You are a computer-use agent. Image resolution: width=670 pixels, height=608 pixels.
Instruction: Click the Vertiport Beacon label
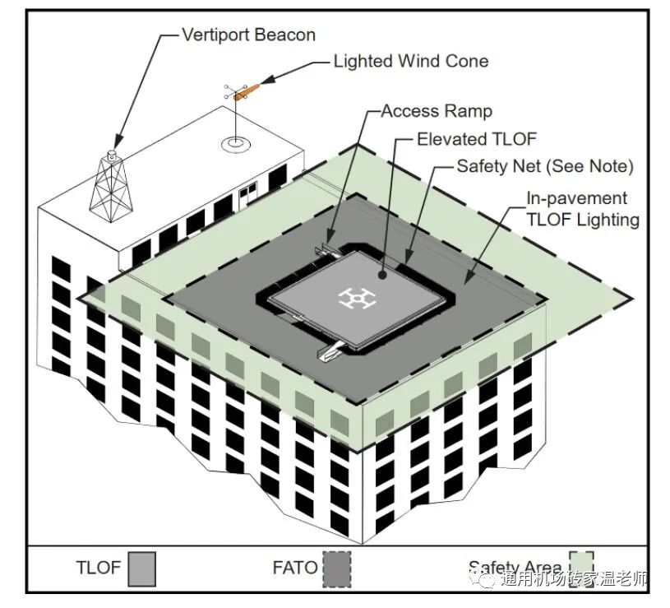click(x=249, y=35)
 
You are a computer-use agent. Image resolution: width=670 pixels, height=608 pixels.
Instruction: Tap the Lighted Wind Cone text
click(x=410, y=61)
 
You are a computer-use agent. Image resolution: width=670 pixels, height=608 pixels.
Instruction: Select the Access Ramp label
click(x=437, y=111)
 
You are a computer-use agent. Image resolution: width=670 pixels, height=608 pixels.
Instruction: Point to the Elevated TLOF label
click(x=477, y=139)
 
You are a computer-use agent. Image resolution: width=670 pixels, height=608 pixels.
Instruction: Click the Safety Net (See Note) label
click(x=545, y=166)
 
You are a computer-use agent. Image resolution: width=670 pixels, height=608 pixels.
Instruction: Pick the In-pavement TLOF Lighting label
click(x=583, y=209)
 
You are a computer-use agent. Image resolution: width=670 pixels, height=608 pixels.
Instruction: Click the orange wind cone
click(x=247, y=92)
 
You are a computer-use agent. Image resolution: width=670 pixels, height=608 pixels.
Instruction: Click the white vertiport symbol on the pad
click(x=357, y=298)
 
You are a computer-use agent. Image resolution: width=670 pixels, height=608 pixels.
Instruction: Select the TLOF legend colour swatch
click(x=142, y=569)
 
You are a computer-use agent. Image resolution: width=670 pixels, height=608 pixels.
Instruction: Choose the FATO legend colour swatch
click(x=337, y=569)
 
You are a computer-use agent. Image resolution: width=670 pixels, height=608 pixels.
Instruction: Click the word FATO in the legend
click(x=295, y=568)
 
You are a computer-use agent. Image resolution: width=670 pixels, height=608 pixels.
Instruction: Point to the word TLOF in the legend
click(x=99, y=568)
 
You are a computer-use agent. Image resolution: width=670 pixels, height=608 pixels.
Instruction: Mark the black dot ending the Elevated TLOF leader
click(x=382, y=275)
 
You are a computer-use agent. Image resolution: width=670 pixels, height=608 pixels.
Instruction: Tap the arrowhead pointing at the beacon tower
click(x=117, y=141)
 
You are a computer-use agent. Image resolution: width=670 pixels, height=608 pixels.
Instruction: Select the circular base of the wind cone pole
click(x=235, y=144)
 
